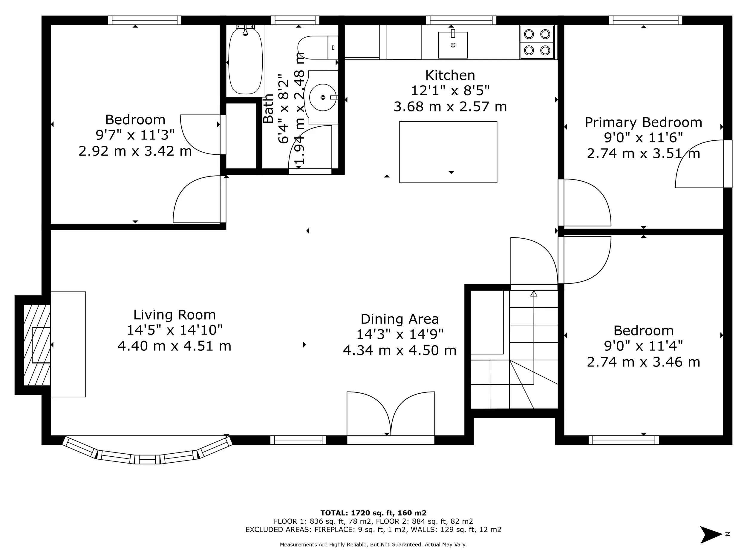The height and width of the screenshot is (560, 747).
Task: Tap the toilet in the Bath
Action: click(x=316, y=47)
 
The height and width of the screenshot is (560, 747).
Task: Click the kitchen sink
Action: click(x=453, y=45)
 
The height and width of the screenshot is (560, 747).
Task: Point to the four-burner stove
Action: click(x=537, y=42)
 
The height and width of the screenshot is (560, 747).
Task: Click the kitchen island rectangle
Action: click(x=448, y=152)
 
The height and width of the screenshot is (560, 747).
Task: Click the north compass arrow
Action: click(x=711, y=534)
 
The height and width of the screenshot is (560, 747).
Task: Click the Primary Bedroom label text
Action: click(x=643, y=122)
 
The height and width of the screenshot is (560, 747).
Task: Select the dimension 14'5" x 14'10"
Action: click(x=174, y=330)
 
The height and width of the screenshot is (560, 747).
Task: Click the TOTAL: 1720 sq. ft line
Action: click(x=373, y=513)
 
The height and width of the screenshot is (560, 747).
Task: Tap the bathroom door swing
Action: click(x=309, y=147)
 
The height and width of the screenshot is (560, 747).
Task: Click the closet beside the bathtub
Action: click(x=241, y=136)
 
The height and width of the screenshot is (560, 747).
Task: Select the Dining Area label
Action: click(x=399, y=319)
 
